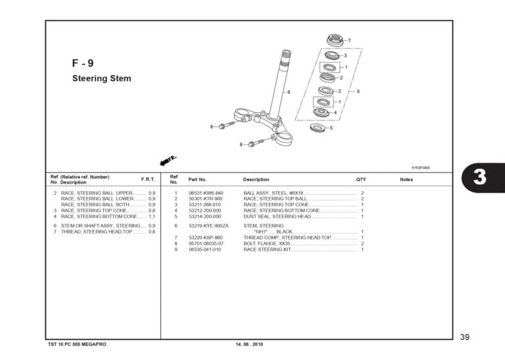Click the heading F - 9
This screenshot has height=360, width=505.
click(82, 64)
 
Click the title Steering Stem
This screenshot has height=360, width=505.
click(101, 78)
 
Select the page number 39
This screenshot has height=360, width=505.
click(464, 337)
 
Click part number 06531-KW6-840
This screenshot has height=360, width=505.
click(205, 193)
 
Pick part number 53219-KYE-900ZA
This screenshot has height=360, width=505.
click(208, 226)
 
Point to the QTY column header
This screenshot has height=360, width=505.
click(361, 179)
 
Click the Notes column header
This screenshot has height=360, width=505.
click(406, 179)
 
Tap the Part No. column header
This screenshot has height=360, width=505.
click(197, 179)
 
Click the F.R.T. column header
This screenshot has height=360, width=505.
click(148, 179)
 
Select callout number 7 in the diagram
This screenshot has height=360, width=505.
click(349, 41)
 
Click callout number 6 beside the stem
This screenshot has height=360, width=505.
click(288, 92)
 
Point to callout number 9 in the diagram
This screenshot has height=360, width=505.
click(358, 91)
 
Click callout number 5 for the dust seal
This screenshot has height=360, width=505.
click(331, 128)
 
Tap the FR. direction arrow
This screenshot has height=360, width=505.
click(168, 161)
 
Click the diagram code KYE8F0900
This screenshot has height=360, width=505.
click(420, 167)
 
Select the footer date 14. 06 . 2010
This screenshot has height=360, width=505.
click(249, 344)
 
